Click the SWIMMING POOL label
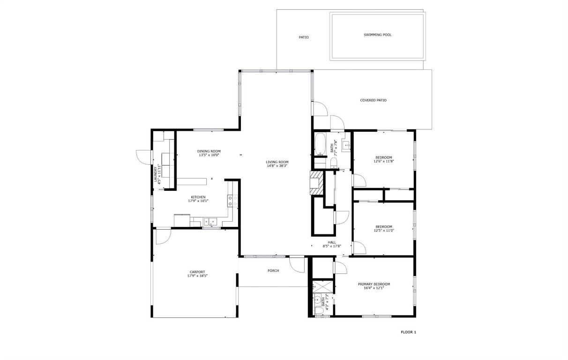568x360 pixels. (x=377, y=35)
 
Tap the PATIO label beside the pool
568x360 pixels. (x=304, y=37)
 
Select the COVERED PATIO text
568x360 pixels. (x=373, y=100)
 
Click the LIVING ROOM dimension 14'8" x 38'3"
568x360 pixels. (x=277, y=166)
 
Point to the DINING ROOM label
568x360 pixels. (x=209, y=151)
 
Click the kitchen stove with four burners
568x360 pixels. (x=232, y=201)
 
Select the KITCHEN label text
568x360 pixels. (x=198, y=197)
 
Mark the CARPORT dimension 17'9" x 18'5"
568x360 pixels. (x=197, y=276)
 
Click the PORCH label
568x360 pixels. (x=273, y=270)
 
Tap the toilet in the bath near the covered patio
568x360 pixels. (x=334, y=162)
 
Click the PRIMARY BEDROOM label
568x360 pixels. (x=374, y=284)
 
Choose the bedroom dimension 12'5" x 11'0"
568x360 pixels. (x=384, y=231)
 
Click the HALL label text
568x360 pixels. (x=332, y=242)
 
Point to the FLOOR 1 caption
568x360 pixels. (x=408, y=332)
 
